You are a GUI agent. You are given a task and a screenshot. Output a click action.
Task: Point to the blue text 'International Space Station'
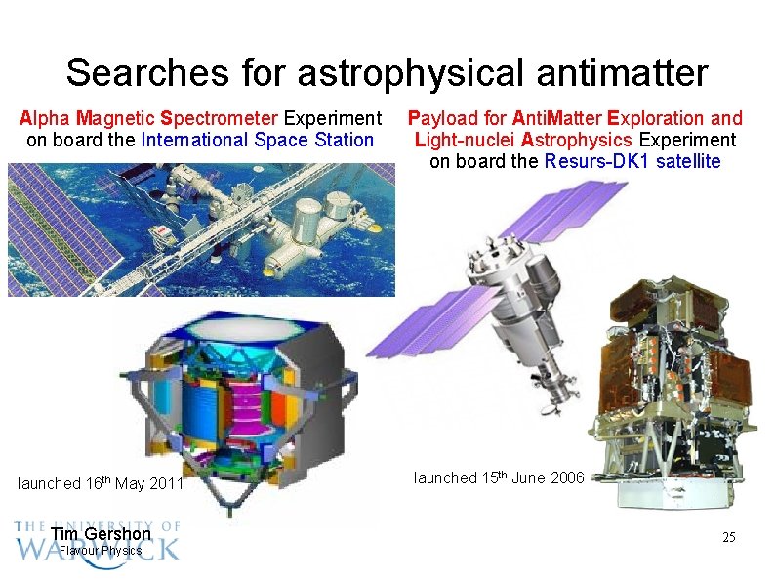click(258, 140)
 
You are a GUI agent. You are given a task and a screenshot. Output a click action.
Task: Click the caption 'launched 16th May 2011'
click(101, 482)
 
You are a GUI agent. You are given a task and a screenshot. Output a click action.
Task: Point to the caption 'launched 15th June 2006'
click(499, 477)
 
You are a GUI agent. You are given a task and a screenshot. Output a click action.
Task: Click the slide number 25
click(728, 538)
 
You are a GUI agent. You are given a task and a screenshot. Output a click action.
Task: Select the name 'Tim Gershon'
click(101, 534)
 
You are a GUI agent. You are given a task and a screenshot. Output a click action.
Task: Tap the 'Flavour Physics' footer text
click(101, 551)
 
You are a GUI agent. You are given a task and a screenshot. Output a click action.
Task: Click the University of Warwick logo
click(98, 540)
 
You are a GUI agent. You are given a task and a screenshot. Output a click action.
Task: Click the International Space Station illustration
click(202, 228)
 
